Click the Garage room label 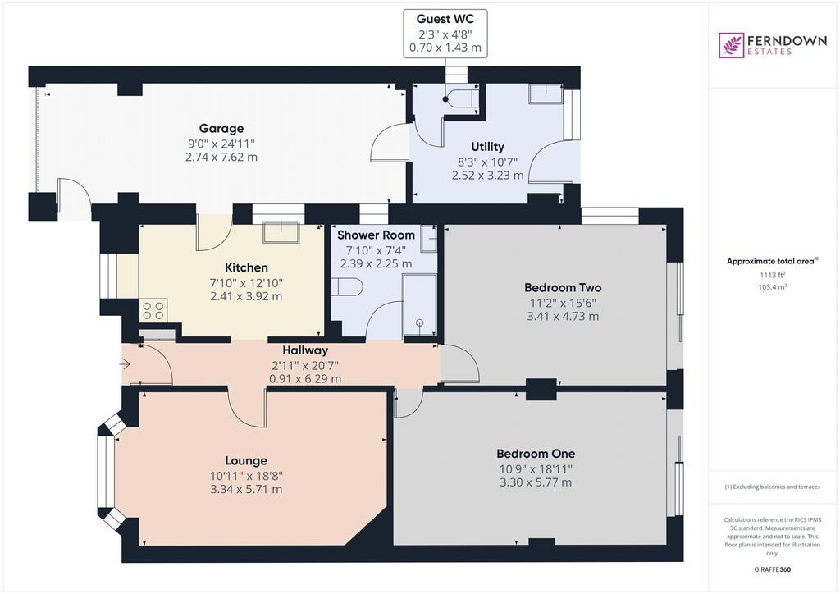pyautogui.click(x=221, y=129)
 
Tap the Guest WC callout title pyautogui.click(x=445, y=19)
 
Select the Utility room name pyautogui.click(x=487, y=147)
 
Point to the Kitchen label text pyautogui.click(x=246, y=267)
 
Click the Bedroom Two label pyautogui.click(x=563, y=288)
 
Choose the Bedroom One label pyautogui.click(x=536, y=454)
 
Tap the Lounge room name pyautogui.click(x=246, y=460)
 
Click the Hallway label pyautogui.click(x=305, y=350)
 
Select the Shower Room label pyautogui.click(x=376, y=235)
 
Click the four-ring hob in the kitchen pyautogui.click(x=153, y=310)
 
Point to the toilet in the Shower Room pyautogui.click(x=347, y=286)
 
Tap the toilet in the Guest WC pyautogui.click(x=461, y=98)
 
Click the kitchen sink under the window pyautogui.click(x=281, y=232)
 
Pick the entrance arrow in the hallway pyautogui.click(x=125, y=364)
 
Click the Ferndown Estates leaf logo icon pyautogui.click(x=731, y=45)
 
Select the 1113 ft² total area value pyautogui.click(x=773, y=276)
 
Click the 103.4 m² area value pyautogui.click(x=773, y=287)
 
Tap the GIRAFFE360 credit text pyautogui.click(x=773, y=569)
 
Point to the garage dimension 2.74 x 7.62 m pyautogui.click(x=221, y=158)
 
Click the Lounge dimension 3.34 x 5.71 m pyautogui.click(x=246, y=490)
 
